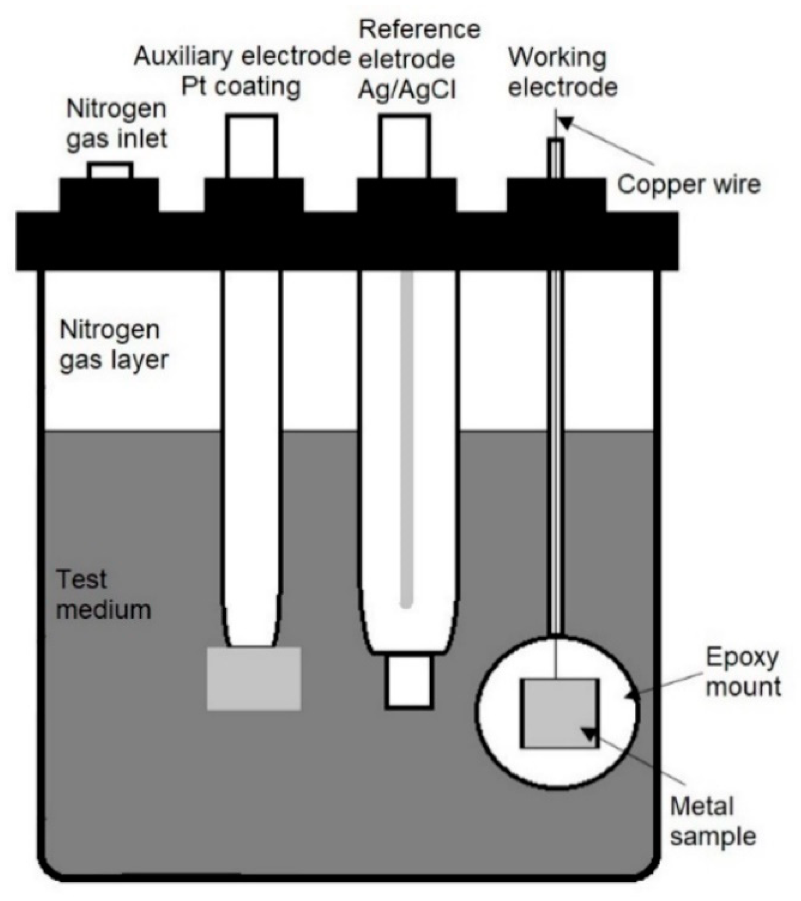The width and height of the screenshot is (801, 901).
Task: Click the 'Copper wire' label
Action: point(688,184)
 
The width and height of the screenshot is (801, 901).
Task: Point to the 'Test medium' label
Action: point(104,595)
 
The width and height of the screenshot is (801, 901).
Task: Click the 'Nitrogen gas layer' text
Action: point(114,345)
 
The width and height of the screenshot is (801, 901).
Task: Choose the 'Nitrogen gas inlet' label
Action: point(117,124)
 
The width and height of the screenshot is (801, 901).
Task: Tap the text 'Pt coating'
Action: point(241,87)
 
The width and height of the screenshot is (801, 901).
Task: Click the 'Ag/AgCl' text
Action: point(407,89)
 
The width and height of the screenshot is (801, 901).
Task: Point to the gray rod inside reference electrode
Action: point(407,441)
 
